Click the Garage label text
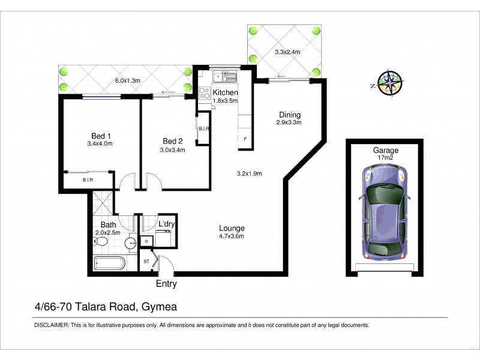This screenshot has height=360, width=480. [385, 151]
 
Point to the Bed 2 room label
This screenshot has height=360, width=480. [173, 142]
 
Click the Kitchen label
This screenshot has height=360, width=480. [226, 93]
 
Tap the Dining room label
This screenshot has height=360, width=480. [289, 115]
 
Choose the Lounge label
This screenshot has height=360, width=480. [232, 228]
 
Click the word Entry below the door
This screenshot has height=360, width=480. [166, 284]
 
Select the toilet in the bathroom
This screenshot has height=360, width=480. [101, 242]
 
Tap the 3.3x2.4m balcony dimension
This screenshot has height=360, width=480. [287, 52]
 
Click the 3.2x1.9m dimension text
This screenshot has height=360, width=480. [250, 174]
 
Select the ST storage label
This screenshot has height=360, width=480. [146, 262]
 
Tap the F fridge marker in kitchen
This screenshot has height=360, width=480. [245, 139]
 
